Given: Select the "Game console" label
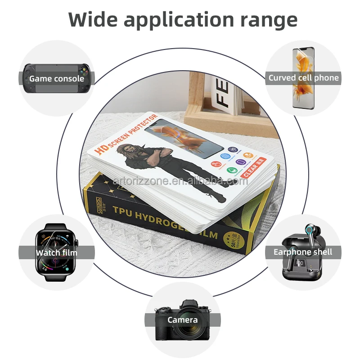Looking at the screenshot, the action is point(57,79).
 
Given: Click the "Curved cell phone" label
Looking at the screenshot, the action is point(303,78).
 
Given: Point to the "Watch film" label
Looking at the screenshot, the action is point(57,252).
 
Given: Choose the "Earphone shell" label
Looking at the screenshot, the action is point(303,252).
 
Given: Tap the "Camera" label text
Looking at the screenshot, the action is point(183,320).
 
